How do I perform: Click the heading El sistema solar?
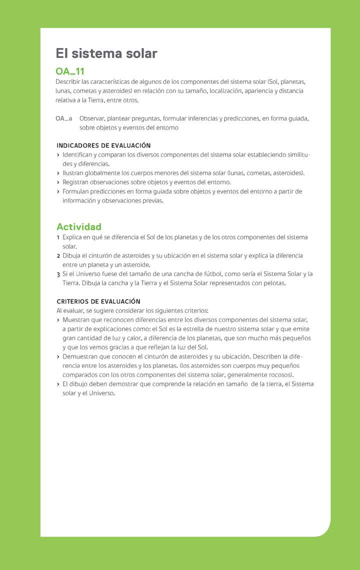coord(106,53)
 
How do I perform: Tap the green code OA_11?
coord(70,71)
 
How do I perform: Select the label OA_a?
coord(64,118)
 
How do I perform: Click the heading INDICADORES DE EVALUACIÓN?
coord(103,145)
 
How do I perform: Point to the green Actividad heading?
coord(79,226)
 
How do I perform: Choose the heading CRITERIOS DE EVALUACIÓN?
coord(98,301)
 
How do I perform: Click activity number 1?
coord(58,237)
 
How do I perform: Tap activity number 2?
coord(58,256)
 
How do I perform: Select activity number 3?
coord(58,274)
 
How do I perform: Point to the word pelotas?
coord(274,283)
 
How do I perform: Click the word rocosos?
coord(281,374)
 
